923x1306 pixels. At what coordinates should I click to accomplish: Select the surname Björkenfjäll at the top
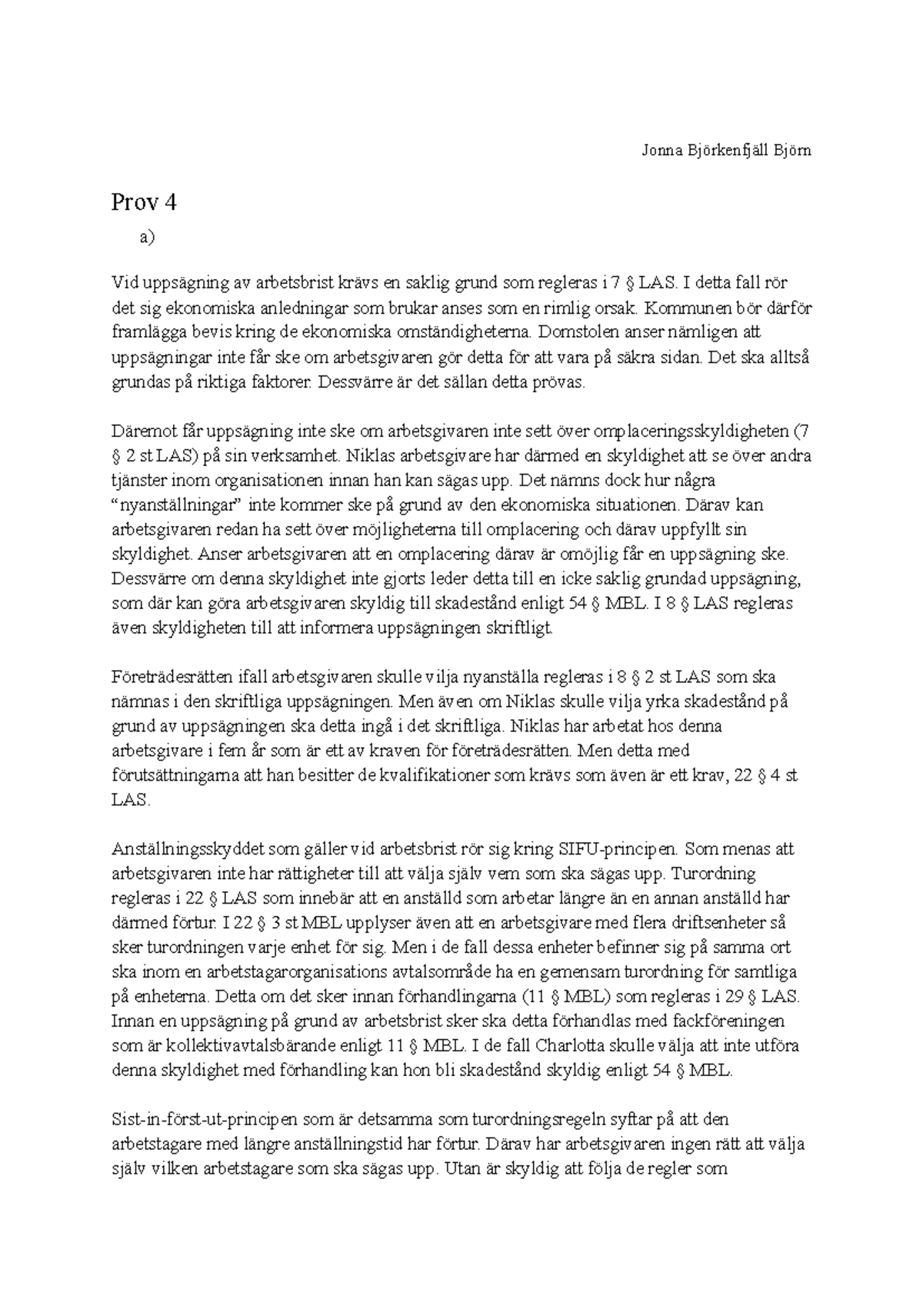point(729,151)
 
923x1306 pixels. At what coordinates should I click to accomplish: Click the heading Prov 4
point(144,202)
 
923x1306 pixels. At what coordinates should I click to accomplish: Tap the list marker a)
point(147,238)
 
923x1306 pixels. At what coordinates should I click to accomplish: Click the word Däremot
point(139,431)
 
